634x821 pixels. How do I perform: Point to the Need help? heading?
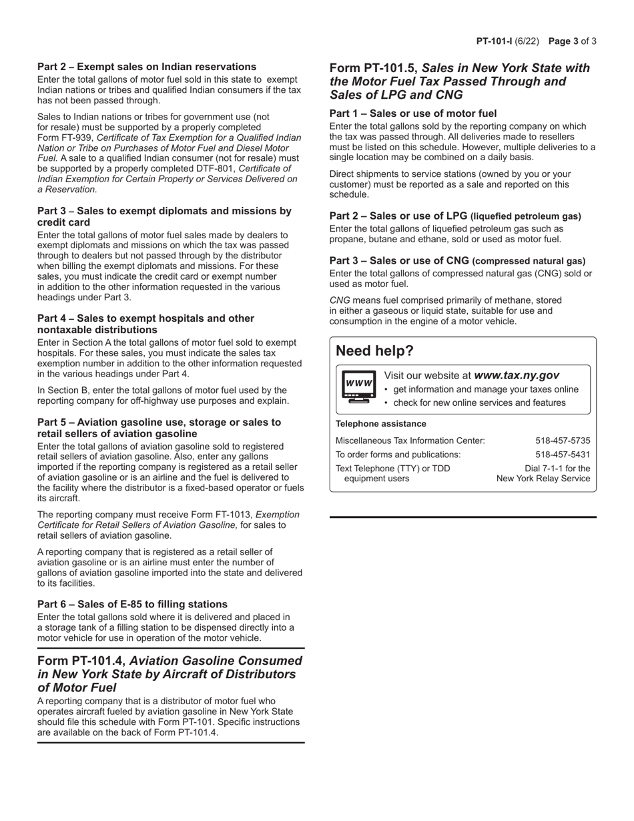(x=374, y=350)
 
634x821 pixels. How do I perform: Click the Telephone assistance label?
(x=380, y=424)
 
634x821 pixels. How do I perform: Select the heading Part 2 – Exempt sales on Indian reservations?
(x=147, y=67)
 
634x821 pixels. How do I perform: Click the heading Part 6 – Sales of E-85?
(x=132, y=604)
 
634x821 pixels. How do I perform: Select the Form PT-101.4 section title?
(x=170, y=673)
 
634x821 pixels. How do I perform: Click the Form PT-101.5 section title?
(x=460, y=81)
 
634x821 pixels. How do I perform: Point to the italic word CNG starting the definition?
(x=340, y=300)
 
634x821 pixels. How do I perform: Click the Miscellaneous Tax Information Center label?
(x=410, y=441)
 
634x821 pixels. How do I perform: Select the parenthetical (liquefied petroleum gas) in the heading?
(x=526, y=216)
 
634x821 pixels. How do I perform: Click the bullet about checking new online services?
(x=479, y=402)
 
